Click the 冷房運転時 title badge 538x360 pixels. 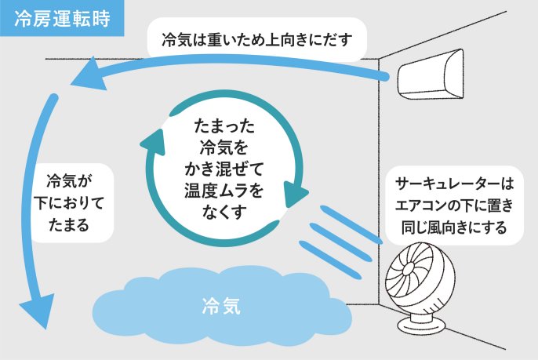point(62,17)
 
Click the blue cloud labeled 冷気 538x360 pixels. point(220,305)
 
